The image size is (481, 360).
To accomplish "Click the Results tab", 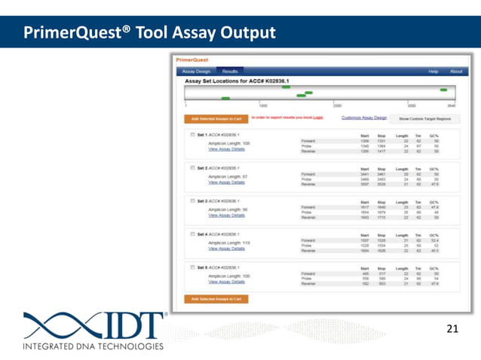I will point(229,72).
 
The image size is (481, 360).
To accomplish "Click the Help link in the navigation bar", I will point(434,72).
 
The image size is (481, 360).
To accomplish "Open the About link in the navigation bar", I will point(456,72).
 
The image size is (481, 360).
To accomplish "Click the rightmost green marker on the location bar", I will point(443,90).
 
